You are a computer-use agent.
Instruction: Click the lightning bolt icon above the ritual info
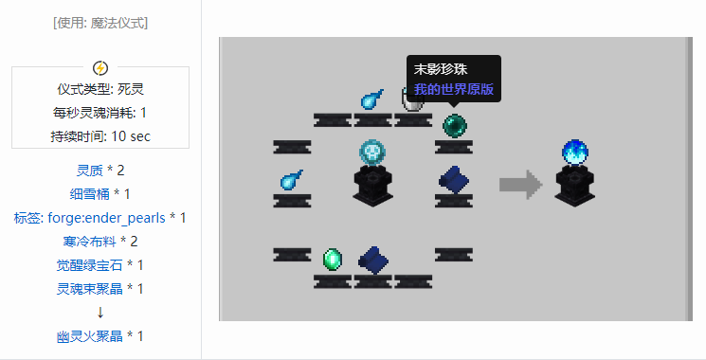100,68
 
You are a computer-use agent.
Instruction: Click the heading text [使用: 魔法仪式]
100,23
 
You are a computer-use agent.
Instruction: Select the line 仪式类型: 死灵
100,89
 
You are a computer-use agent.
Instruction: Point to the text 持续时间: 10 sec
100,136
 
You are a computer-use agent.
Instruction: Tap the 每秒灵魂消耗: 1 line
100,113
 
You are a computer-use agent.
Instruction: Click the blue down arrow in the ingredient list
100,313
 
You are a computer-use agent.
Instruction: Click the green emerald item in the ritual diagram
333,257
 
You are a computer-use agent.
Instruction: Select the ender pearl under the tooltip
454,123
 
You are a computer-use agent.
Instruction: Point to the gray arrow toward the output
517,184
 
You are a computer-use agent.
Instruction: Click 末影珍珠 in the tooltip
441,70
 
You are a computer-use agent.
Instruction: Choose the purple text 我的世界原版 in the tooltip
454,90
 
